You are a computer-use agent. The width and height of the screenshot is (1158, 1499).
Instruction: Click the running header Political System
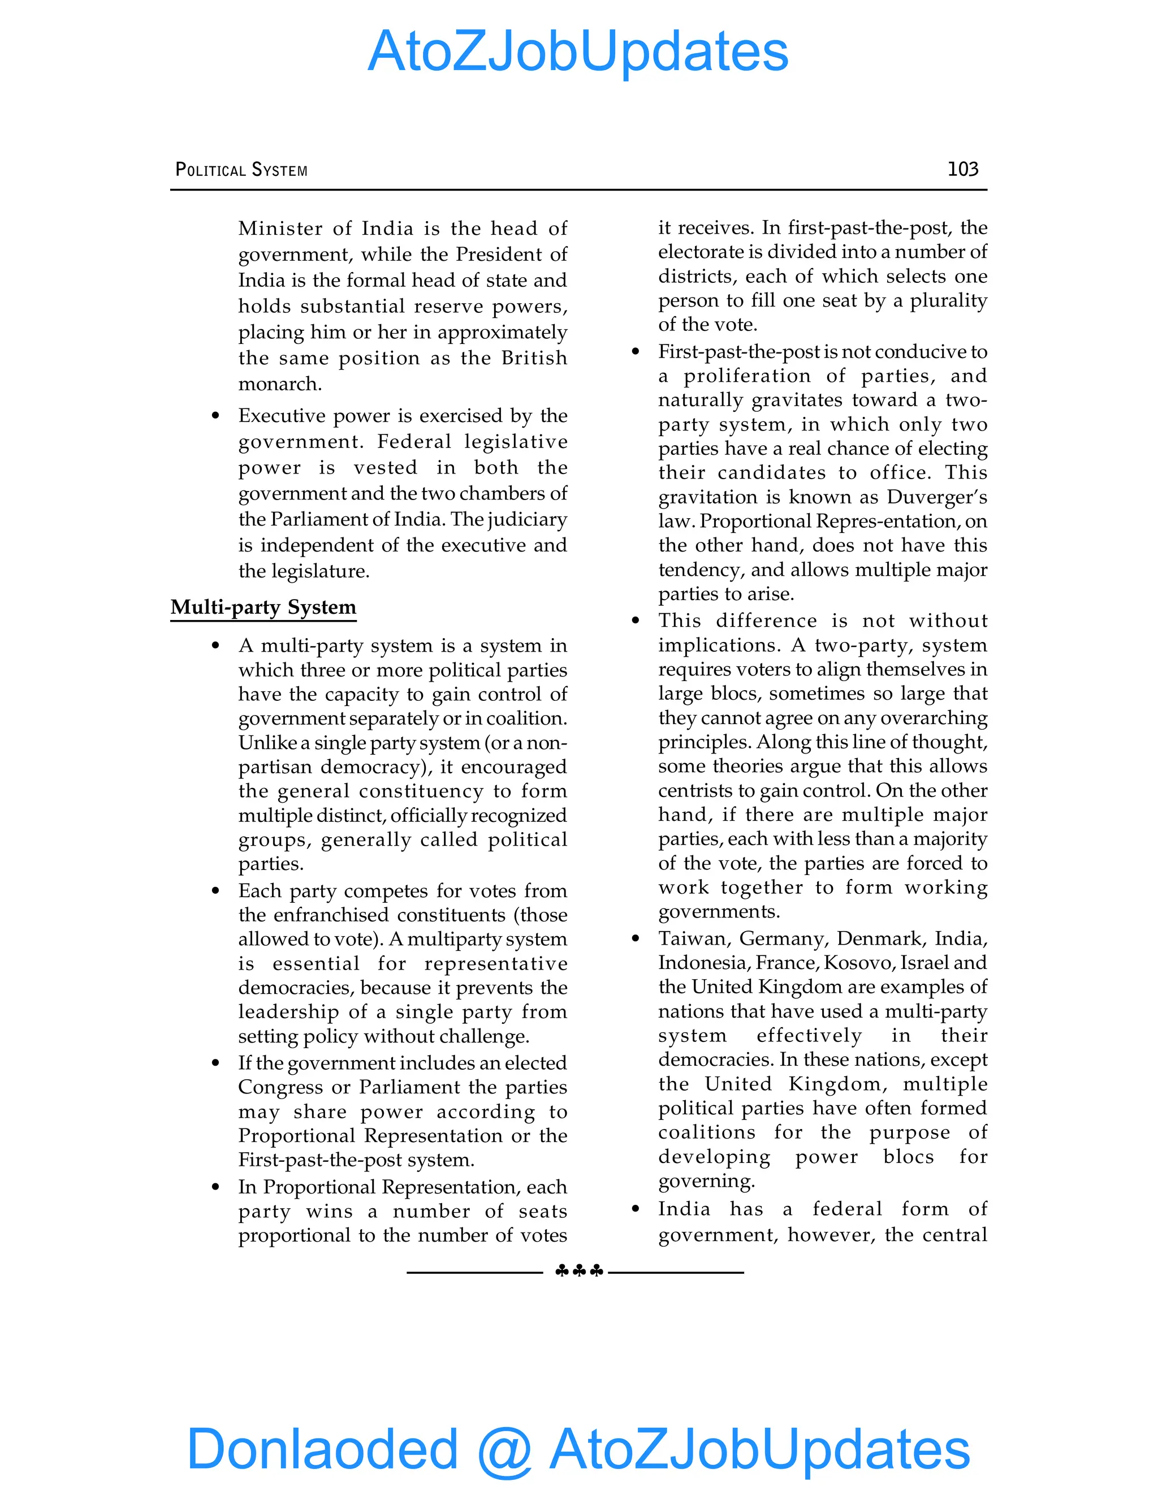pos(241,170)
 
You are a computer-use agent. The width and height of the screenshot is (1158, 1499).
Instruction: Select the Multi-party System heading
pos(263,608)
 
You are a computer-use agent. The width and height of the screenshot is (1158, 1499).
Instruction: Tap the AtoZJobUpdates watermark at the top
pos(578,51)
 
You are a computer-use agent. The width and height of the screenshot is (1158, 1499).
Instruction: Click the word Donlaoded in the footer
pos(322,1448)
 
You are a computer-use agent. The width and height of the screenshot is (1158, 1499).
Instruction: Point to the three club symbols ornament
pos(579,1271)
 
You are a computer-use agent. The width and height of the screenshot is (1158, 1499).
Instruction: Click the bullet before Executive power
pos(215,416)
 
